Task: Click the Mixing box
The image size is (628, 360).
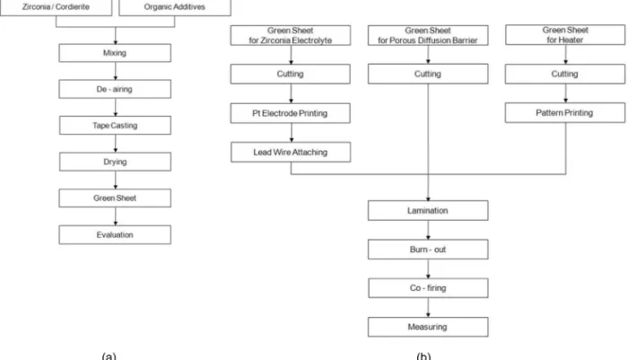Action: pyautogui.click(x=115, y=53)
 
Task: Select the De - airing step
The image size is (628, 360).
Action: pyautogui.click(x=115, y=89)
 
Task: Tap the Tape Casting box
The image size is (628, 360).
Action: pyautogui.click(x=115, y=126)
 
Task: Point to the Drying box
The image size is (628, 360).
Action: pyautogui.click(x=115, y=162)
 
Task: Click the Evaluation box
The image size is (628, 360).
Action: pyautogui.click(x=115, y=234)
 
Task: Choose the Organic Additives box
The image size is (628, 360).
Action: pyautogui.click(x=175, y=7)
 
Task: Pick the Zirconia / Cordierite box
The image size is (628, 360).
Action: pyautogui.click(x=56, y=7)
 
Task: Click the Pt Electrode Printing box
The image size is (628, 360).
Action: pyautogui.click(x=291, y=113)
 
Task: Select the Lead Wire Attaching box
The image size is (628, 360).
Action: pyautogui.click(x=291, y=152)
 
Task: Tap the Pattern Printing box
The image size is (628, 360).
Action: pyautogui.click(x=564, y=112)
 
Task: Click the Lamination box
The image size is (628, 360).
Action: pyautogui.click(x=428, y=210)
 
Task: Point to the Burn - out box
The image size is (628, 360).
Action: pyautogui.click(x=428, y=250)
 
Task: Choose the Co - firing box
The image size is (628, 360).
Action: pyautogui.click(x=428, y=288)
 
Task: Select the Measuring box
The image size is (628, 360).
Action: pyautogui.click(x=428, y=327)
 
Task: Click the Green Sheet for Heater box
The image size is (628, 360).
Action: pyautogui.click(x=565, y=35)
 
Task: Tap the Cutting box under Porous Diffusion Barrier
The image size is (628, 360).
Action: pyautogui.click(x=428, y=74)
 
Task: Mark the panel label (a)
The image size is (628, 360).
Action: pyautogui.click(x=109, y=356)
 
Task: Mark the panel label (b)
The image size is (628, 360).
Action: pyautogui.click(x=423, y=356)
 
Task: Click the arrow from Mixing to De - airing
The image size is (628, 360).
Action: pyautogui.click(x=116, y=71)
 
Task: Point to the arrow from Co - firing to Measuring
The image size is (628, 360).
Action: pyautogui.click(x=428, y=308)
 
